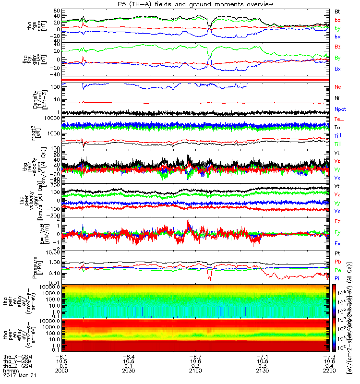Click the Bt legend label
pos(337,11)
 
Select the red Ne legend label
pos(338,87)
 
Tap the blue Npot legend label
pos(340,109)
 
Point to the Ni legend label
pos(337,98)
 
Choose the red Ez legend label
pos(338,222)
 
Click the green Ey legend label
pos(338,233)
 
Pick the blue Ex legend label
pos(338,244)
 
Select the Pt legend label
pos(337,253)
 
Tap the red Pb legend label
pos(337,262)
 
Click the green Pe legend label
pos(337,270)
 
